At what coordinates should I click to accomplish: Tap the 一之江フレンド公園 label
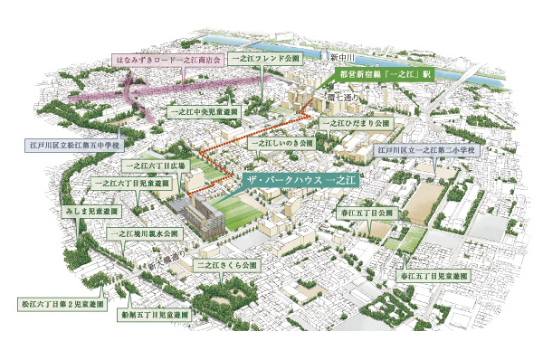(264, 56)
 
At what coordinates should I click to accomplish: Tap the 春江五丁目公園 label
(367, 213)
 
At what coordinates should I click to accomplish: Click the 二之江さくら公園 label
(228, 266)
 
